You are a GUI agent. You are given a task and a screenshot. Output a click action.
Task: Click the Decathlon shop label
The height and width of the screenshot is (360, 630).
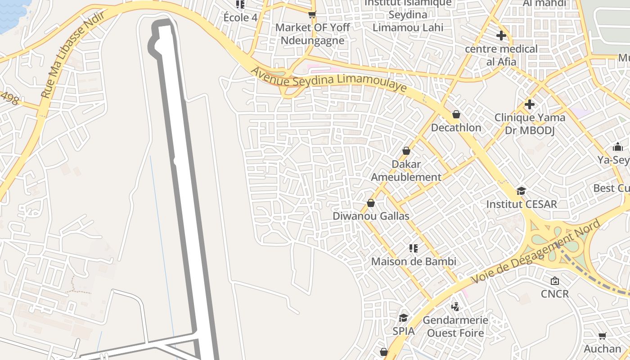point(456,127)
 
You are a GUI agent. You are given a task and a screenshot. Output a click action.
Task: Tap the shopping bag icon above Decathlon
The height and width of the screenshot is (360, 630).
point(456,114)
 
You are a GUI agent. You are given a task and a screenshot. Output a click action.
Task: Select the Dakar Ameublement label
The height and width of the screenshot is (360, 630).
point(406,171)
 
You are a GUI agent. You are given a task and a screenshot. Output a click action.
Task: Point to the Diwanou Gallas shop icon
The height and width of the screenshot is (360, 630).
point(371,203)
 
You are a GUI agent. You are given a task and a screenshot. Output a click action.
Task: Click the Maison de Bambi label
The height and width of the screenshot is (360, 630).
point(414,261)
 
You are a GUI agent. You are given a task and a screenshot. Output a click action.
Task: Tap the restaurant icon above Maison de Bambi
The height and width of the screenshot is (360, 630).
point(414,248)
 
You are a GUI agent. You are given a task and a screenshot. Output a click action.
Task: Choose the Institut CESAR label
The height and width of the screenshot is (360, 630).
point(522,204)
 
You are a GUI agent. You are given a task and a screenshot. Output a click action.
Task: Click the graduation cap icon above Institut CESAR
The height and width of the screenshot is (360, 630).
point(521,191)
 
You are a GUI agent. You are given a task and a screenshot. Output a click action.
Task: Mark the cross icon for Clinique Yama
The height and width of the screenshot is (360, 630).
point(530,104)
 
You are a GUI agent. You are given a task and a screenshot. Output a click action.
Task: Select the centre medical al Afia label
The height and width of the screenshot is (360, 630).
point(501,55)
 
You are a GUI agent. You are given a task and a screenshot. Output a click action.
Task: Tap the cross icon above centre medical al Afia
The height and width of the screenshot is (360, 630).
point(501,35)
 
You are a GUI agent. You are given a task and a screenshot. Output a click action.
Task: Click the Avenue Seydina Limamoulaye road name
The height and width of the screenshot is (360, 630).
point(328,81)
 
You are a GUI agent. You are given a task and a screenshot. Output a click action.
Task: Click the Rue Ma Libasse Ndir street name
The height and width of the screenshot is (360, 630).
point(72,54)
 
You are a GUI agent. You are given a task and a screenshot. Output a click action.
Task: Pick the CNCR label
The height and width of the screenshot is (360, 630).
point(555,294)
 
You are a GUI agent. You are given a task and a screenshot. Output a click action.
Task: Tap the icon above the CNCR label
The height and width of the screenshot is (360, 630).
point(555,281)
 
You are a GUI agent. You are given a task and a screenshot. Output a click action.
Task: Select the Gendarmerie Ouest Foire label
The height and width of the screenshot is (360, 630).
point(455,327)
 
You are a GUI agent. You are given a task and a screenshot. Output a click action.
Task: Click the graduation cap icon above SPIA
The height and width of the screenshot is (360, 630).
point(403,318)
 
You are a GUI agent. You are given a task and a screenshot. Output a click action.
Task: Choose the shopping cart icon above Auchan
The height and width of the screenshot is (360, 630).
point(602,336)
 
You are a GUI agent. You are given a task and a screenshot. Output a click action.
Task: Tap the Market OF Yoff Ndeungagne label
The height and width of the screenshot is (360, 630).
point(312,34)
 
